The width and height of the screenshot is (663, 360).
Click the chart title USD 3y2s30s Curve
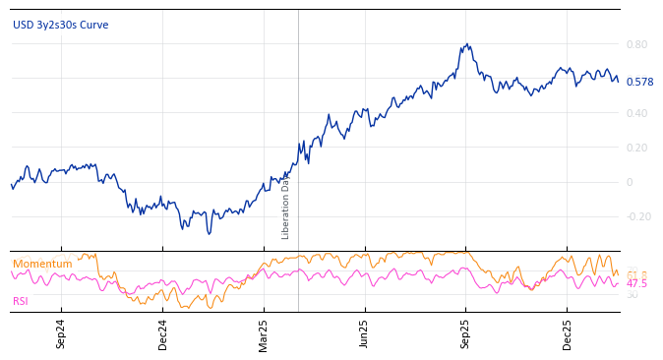61,25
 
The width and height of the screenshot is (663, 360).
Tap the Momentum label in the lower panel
42,264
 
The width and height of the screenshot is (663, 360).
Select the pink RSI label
21,301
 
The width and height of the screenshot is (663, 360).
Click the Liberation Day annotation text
286,208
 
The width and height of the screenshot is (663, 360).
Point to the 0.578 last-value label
639,82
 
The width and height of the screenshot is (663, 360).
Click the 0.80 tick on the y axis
636,44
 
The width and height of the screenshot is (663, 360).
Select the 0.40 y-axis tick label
636,113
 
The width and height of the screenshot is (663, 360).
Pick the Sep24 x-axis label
61,334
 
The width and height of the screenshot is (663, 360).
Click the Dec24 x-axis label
163,334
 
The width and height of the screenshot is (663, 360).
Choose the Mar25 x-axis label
264,334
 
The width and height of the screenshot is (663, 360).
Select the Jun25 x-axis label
365,334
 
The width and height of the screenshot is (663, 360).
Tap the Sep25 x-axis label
466,334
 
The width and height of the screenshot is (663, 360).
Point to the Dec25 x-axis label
568,334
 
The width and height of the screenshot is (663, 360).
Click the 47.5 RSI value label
637,284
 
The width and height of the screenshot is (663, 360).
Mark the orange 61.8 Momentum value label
637,274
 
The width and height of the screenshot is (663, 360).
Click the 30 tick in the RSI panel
632,295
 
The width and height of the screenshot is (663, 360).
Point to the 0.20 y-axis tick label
636,148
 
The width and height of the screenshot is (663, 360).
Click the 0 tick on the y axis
630,182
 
